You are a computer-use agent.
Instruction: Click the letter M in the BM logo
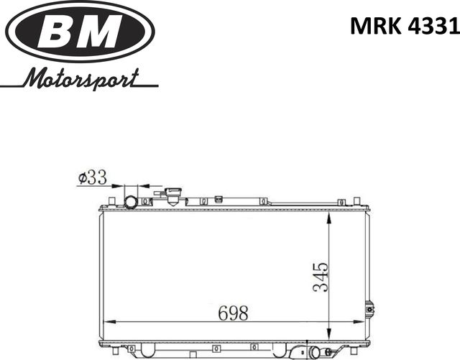pyautogui.click(x=102, y=31)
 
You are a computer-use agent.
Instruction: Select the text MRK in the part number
pyautogui.click(x=371, y=27)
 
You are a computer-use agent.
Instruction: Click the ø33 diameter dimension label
pyautogui.click(x=92, y=177)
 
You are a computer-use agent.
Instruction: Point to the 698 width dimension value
pyautogui.click(x=233, y=313)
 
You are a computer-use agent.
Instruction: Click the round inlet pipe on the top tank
pyautogui.click(x=131, y=200)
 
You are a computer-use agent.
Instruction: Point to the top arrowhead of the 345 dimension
pyautogui.click(x=329, y=213)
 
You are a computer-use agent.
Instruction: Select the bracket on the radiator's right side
pyautogui.click(x=369, y=309)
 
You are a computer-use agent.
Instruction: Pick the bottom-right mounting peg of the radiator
pyautogui.click(x=354, y=352)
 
